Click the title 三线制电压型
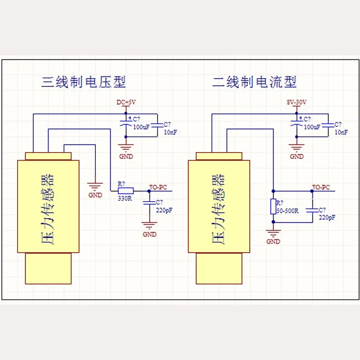coord(84,82)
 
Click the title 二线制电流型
coord(254,82)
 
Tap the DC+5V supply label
coord(126,102)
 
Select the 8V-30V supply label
coord(297,102)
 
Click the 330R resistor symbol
coord(126,191)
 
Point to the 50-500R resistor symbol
coord(273,207)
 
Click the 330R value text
coord(125,198)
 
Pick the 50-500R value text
coord(288,211)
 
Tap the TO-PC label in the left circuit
coord(158,187)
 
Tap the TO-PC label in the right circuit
coord(321,187)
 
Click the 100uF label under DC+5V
coord(141,127)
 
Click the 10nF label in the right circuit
coord(341,132)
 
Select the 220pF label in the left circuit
coord(164,210)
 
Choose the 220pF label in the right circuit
coord(327,217)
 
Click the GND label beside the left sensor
coord(95,195)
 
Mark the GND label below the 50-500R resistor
coord(273,242)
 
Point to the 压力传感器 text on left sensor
coord(48,209)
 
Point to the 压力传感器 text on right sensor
coord(219,209)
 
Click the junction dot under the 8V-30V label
coord(297,113)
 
